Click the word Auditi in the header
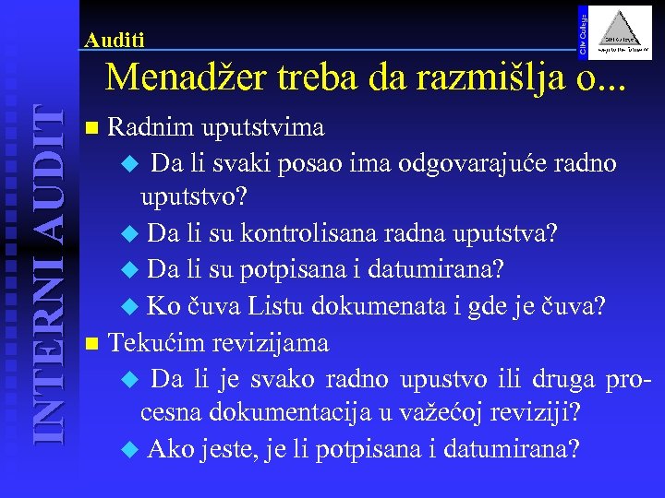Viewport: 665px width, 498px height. tap(114, 41)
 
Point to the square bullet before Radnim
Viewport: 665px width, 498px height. tap(89, 126)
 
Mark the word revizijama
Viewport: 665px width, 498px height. tap(272, 343)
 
